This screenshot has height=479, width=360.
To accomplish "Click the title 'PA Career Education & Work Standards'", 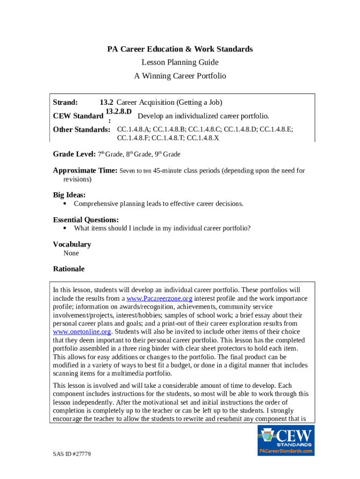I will (180, 49).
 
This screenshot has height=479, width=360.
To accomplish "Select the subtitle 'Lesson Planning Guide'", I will (180, 62).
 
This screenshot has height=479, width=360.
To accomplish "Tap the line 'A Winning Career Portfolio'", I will (180, 76).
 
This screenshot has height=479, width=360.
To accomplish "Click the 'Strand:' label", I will (65, 102).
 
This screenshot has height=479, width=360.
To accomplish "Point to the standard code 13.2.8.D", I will (119, 111).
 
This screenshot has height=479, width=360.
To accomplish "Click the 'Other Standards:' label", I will (81, 130).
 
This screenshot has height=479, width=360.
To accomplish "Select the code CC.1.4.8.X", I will (203, 138).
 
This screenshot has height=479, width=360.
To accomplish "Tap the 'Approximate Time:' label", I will (85, 171).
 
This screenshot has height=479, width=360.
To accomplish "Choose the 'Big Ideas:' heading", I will (69, 195).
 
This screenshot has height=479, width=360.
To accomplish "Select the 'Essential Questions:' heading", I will (86, 219).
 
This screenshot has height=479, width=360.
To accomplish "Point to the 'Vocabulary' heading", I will (72, 244).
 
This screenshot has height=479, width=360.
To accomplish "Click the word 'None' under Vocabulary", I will (71, 253).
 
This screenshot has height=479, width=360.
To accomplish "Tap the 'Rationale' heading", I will (69, 269).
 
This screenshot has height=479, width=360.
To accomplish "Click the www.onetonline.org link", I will (82, 332).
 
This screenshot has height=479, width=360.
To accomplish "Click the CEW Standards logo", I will (286, 440).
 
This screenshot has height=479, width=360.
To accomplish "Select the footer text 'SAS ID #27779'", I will (72, 454).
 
